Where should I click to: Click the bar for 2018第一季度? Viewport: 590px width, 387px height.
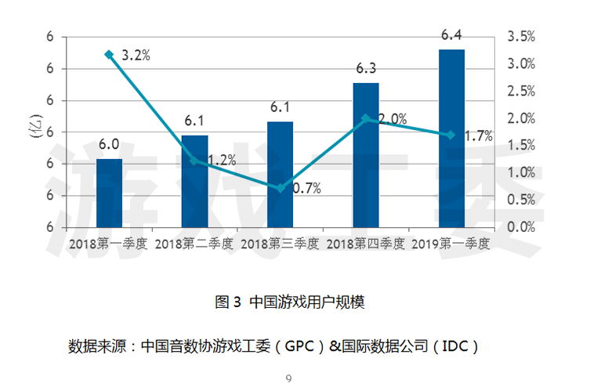[109, 193]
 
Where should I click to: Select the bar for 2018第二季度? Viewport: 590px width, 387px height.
[194, 181]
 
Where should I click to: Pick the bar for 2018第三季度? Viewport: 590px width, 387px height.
[280, 174]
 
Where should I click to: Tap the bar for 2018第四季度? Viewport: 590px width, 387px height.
[366, 154]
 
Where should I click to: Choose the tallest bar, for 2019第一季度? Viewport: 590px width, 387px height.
[451, 138]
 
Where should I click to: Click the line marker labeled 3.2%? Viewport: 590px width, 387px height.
[109, 54]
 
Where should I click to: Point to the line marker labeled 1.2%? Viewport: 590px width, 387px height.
[194, 161]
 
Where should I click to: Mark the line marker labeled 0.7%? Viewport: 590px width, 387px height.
[280, 188]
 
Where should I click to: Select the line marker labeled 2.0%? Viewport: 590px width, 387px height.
[366, 118]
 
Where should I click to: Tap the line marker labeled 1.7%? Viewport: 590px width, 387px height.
[451, 135]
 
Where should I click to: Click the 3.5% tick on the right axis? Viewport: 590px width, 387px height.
[522, 36]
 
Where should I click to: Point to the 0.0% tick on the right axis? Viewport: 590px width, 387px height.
[522, 226]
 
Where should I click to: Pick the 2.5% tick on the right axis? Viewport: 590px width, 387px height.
[522, 91]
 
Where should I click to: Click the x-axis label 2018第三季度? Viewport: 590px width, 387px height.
[280, 244]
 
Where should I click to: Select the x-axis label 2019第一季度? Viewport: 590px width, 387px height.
[451, 244]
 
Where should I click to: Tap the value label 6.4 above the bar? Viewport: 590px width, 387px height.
[451, 35]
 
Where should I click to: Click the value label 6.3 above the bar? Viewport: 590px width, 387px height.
[366, 68]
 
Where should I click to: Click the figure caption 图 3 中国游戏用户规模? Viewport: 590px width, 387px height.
[290, 302]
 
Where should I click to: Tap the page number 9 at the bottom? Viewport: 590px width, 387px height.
[288, 379]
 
